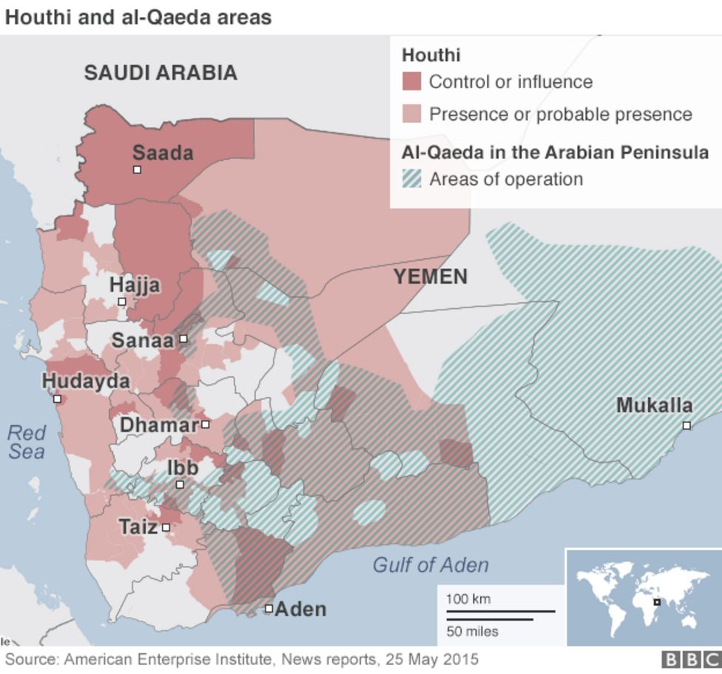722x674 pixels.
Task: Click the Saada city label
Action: pyautogui.click(x=163, y=153)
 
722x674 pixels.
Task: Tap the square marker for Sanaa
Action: pyautogui.click(x=183, y=339)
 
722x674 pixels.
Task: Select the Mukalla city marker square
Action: pyautogui.click(x=686, y=425)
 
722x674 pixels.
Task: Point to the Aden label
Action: pyautogui.click(x=300, y=610)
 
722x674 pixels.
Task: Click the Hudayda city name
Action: pyautogui.click(x=86, y=381)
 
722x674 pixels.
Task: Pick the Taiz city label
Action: pyautogui.click(x=138, y=527)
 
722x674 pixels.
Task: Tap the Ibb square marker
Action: pyautogui.click(x=180, y=484)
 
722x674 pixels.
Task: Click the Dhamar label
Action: pyautogui.click(x=159, y=425)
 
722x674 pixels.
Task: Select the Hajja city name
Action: pyautogui.click(x=135, y=285)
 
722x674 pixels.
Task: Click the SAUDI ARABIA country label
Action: pyautogui.click(x=161, y=73)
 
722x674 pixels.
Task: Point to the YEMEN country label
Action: pyautogui.click(x=430, y=277)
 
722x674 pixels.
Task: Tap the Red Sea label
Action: pyautogui.click(x=27, y=441)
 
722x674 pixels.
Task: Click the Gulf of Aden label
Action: pyautogui.click(x=430, y=565)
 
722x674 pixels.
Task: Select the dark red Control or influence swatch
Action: pyautogui.click(x=411, y=81)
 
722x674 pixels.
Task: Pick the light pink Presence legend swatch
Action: pyautogui.click(x=411, y=114)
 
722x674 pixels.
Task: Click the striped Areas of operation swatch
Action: pyautogui.click(x=411, y=178)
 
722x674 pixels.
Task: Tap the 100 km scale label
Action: pyautogui.click(x=468, y=599)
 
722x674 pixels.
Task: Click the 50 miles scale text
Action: pyautogui.click(x=472, y=632)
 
